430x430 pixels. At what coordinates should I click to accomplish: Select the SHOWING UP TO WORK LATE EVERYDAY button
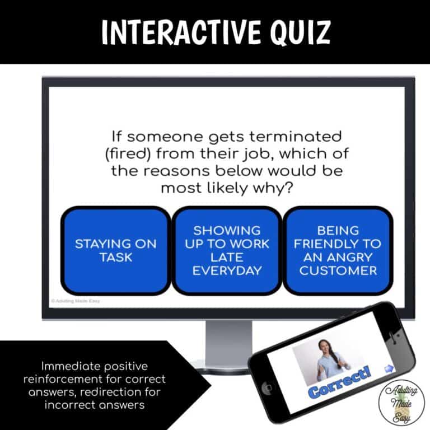pos(226,250)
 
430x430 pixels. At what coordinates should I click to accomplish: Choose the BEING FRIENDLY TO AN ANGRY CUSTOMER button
pos(338,250)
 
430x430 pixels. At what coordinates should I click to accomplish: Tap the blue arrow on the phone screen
pos(389,367)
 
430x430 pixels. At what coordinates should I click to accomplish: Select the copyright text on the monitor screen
pos(76,301)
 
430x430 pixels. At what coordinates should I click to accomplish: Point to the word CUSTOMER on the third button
pos(338,271)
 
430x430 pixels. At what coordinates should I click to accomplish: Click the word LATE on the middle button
pos(226,257)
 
